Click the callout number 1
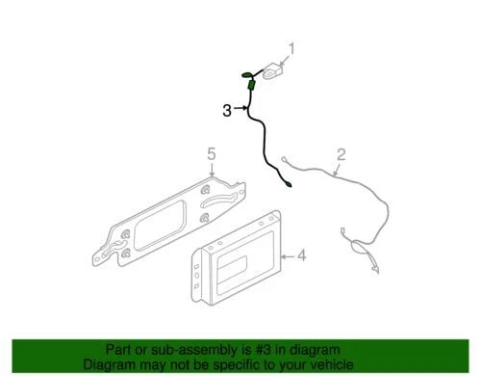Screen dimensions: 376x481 point(294,47)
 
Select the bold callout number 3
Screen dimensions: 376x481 point(226,110)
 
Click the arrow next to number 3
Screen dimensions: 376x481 point(240,110)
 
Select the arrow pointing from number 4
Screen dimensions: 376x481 point(286,255)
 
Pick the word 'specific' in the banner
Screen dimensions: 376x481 point(240,365)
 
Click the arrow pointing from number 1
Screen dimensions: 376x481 point(286,56)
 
